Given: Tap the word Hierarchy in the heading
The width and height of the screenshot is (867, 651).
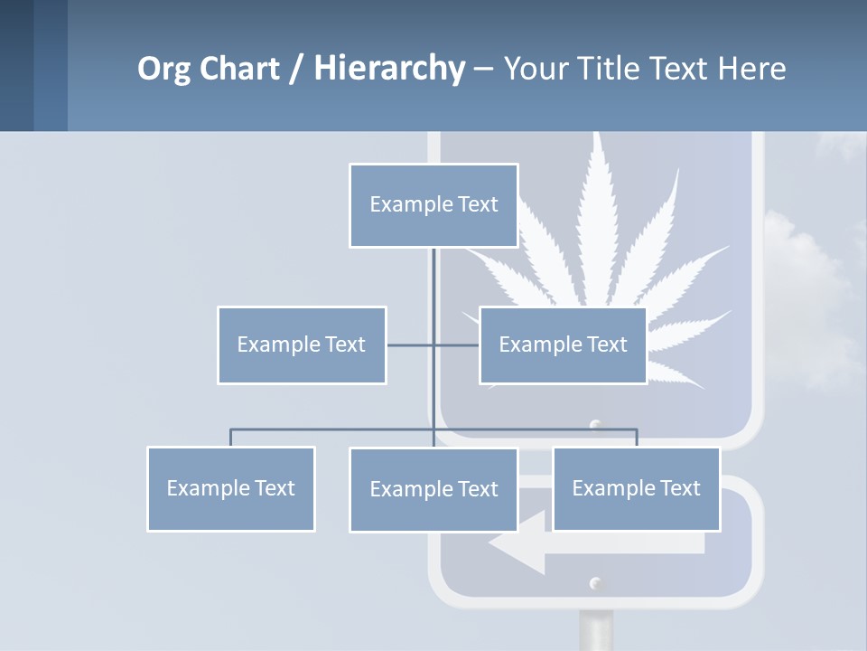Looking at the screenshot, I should (389, 69).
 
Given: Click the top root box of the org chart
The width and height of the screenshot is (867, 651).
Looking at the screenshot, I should (433, 205).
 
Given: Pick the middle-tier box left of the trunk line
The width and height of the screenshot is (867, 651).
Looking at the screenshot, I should (302, 345).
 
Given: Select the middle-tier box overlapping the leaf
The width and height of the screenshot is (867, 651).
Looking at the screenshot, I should (563, 345).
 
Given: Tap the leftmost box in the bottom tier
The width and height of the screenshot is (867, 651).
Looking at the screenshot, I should (231, 489).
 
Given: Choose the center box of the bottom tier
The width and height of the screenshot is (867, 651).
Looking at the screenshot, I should (433, 490).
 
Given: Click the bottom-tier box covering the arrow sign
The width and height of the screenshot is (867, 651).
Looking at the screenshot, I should (636, 489).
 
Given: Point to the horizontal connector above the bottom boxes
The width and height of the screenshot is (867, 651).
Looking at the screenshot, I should (334, 429).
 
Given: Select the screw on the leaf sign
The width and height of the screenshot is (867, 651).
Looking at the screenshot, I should (594, 424).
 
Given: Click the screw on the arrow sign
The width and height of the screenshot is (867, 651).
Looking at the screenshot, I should (594, 583).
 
